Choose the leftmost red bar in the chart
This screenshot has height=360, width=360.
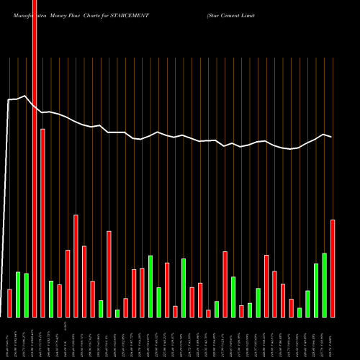pos(9,303)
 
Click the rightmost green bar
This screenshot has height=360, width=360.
pos(325,285)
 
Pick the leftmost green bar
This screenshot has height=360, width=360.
pos(18,294)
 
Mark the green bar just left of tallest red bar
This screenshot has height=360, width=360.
pos(26,295)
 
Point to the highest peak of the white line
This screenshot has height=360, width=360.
pos(26,96)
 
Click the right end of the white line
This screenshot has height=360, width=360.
pos(331,136)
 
